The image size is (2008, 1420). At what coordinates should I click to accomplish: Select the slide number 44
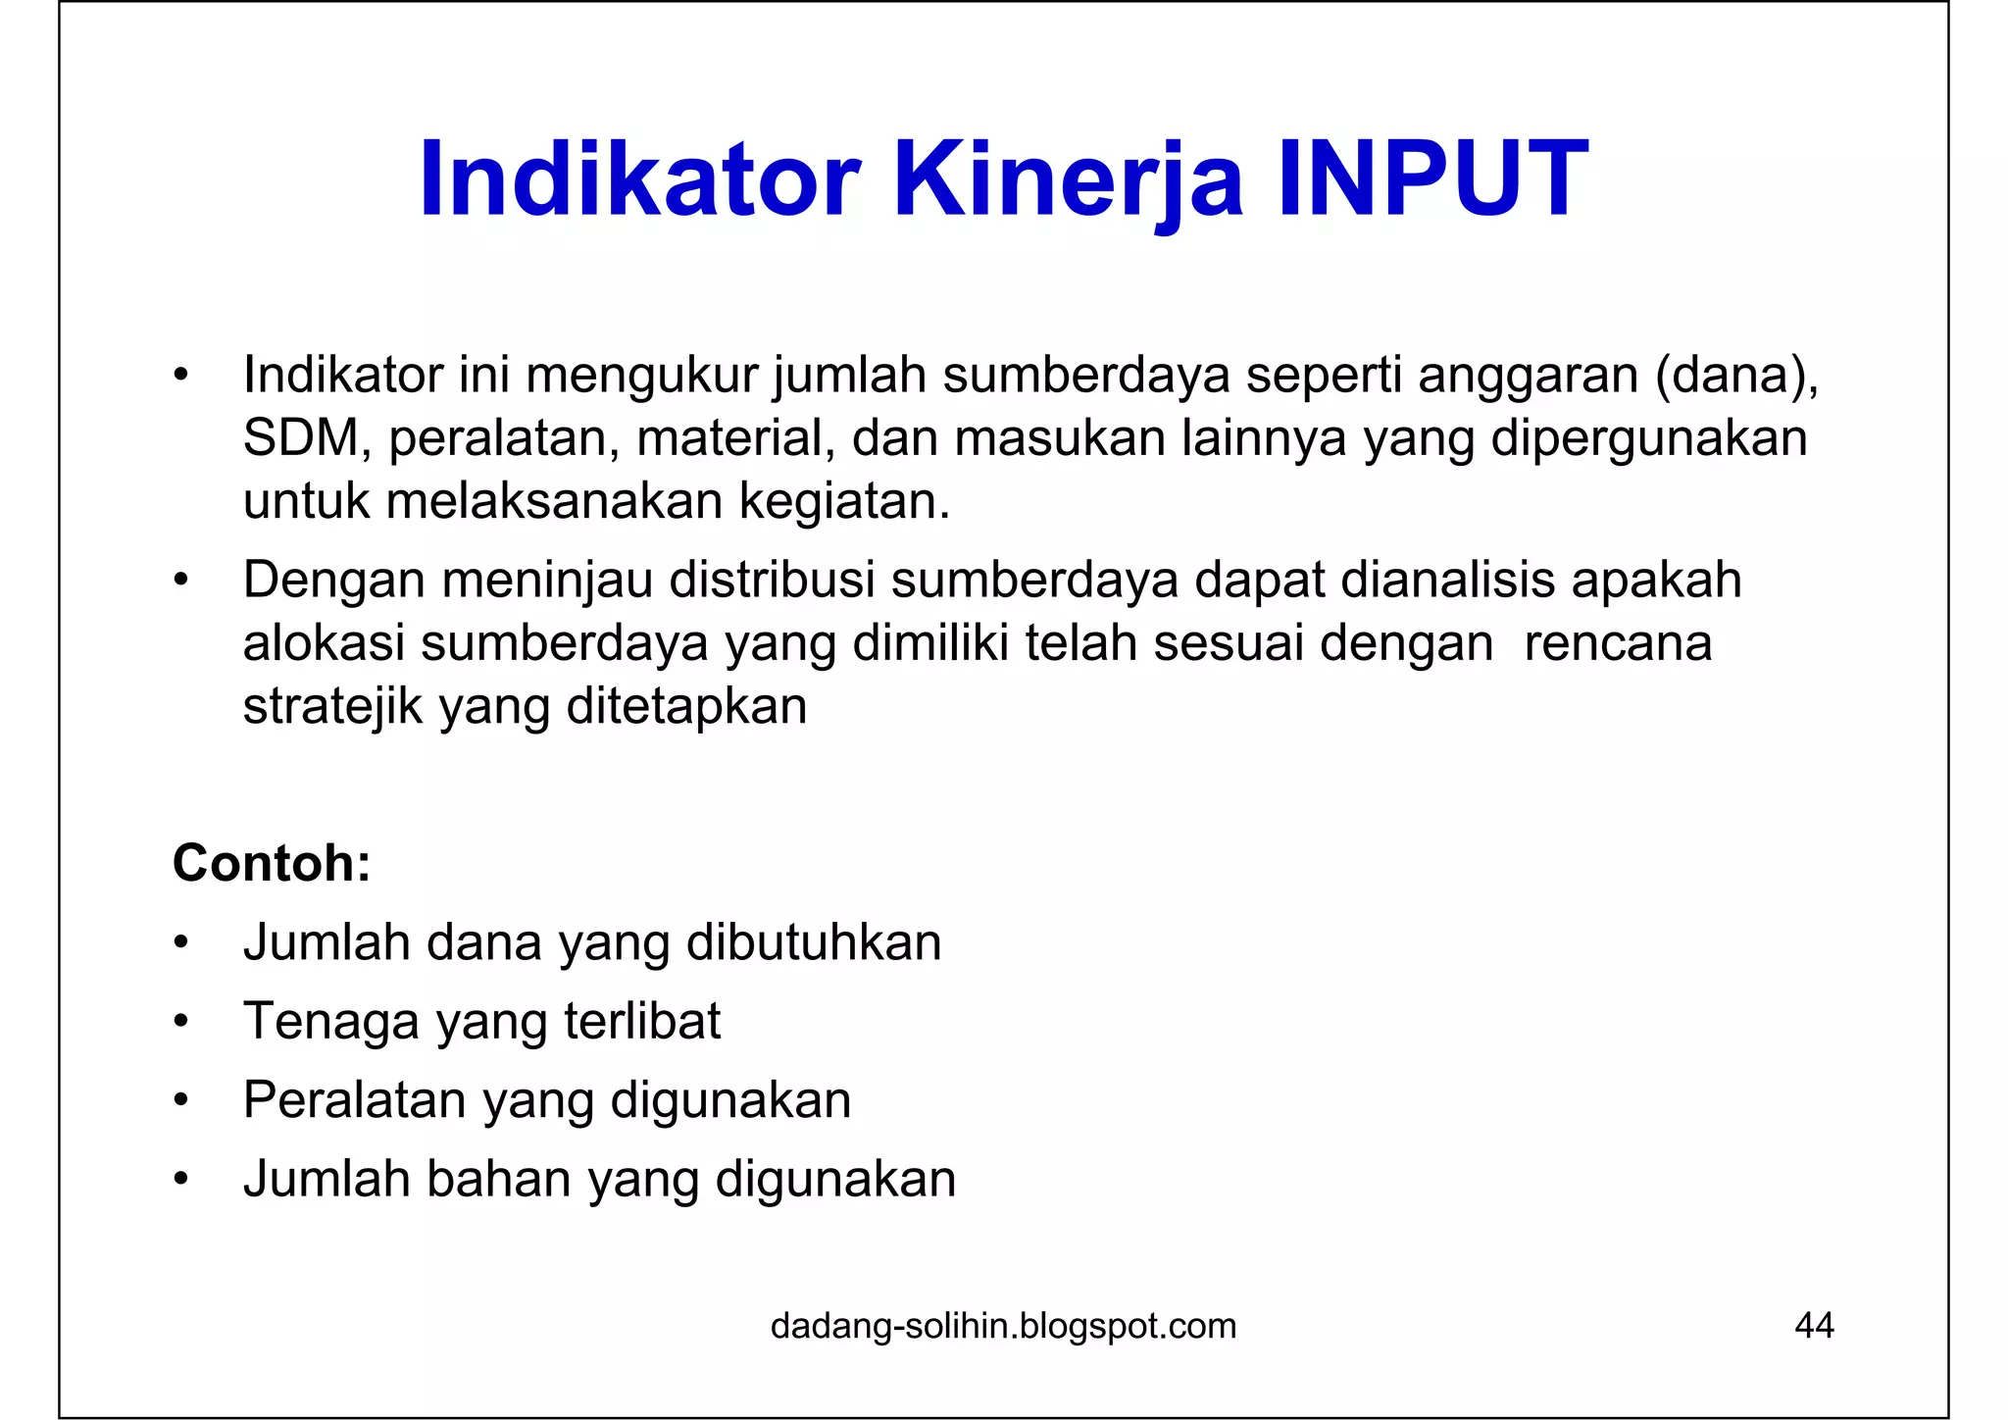[1814, 1326]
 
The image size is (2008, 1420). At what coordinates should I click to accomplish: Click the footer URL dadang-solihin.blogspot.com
[1003, 1326]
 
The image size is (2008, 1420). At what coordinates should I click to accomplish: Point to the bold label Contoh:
[272, 863]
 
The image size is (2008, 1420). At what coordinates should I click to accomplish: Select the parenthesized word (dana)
[1735, 375]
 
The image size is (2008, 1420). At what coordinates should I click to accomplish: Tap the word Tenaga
[330, 1021]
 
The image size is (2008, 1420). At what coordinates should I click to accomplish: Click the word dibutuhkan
[814, 942]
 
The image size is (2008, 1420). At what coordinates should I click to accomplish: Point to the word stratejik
[332, 706]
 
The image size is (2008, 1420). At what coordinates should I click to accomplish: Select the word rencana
[1618, 643]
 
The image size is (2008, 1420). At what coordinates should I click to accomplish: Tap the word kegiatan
[843, 501]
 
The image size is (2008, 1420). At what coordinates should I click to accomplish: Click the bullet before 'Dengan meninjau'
[179, 581]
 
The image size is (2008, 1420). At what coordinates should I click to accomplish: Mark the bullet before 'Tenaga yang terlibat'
[179, 1022]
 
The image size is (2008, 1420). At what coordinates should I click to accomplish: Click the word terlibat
[642, 1021]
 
